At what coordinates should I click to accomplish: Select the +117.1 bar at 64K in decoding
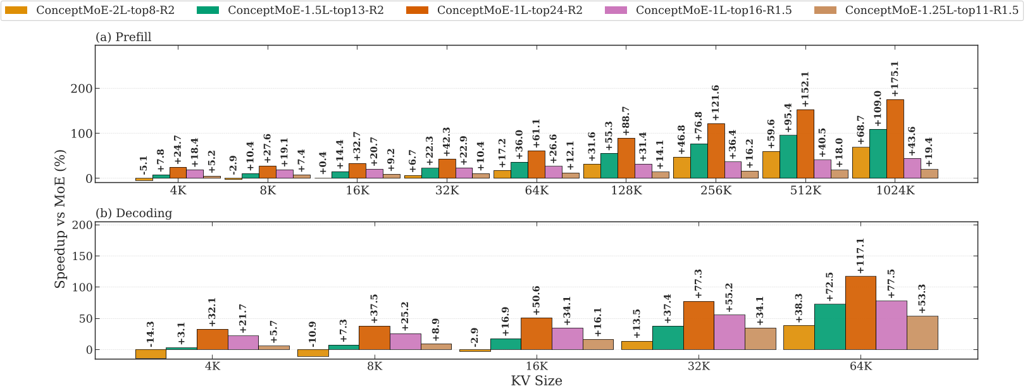(x=860, y=313)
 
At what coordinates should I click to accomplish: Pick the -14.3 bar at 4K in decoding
(x=151, y=354)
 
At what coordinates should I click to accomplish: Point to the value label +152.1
(x=805, y=89)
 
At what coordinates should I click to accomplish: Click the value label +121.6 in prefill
(x=716, y=103)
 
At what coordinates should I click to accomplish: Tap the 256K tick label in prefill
(x=716, y=190)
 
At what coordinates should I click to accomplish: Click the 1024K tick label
(x=895, y=190)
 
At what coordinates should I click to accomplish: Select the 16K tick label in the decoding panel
(x=537, y=366)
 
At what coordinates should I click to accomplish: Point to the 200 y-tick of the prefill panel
(x=80, y=89)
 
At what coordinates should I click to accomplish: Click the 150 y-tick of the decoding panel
(x=80, y=256)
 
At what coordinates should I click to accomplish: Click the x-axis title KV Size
(x=537, y=380)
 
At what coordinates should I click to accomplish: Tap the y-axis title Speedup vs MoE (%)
(x=60, y=219)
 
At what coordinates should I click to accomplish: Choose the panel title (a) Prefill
(x=123, y=37)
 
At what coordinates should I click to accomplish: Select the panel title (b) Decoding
(x=134, y=213)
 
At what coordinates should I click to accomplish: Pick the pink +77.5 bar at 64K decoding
(x=891, y=325)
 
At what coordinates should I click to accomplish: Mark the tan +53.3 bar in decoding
(x=922, y=333)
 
